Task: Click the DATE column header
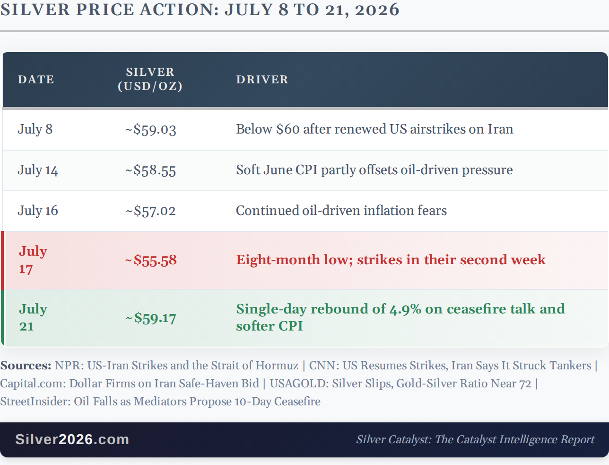(36, 80)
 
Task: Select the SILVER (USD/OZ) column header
(150, 79)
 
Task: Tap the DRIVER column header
(262, 80)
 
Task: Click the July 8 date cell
(35, 129)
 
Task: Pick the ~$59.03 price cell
(151, 130)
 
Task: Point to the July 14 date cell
(38, 170)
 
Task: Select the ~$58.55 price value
(151, 170)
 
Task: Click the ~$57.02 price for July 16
(151, 211)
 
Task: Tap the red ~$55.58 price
(151, 260)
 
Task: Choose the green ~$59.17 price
(151, 318)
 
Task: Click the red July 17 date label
(33, 260)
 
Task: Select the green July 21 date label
(33, 318)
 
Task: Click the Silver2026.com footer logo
(72, 439)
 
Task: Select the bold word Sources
(26, 366)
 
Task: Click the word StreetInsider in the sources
(35, 402)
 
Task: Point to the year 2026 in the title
(377, 10)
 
